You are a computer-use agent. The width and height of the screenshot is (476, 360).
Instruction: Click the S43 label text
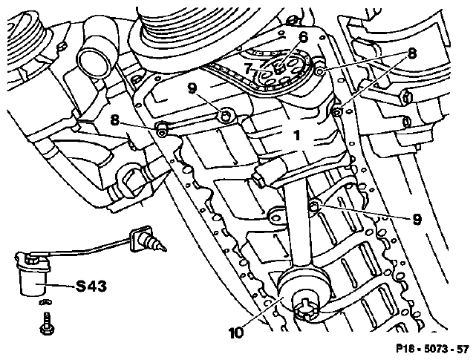point(91,287)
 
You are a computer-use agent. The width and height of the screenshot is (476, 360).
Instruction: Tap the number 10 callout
point(236,333)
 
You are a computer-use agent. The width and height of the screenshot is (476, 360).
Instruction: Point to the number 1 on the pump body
point(297,135)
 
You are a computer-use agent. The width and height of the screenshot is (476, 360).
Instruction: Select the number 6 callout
point(303,38)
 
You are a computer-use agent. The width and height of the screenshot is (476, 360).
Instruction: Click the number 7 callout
point(248,69)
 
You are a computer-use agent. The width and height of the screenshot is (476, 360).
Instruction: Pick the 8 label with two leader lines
point(411,54)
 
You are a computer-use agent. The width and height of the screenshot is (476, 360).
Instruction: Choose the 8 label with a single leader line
point(115,120)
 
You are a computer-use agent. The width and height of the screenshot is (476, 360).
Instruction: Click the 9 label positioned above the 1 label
point(192,88)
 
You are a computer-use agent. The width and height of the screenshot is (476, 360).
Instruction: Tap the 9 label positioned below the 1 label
point(417,219)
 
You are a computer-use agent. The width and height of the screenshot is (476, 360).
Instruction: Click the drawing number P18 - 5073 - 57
point(432,349)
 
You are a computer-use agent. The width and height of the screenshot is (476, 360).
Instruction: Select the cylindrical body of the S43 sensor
point(33,281)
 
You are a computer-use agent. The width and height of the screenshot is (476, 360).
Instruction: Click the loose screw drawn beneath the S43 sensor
point(45,324)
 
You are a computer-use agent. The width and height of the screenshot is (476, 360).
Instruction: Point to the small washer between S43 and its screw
point(45,303)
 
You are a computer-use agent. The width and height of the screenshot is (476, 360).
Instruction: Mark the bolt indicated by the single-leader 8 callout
point(161,129)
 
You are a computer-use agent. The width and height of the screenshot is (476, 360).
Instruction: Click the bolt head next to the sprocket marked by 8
point(319,72)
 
